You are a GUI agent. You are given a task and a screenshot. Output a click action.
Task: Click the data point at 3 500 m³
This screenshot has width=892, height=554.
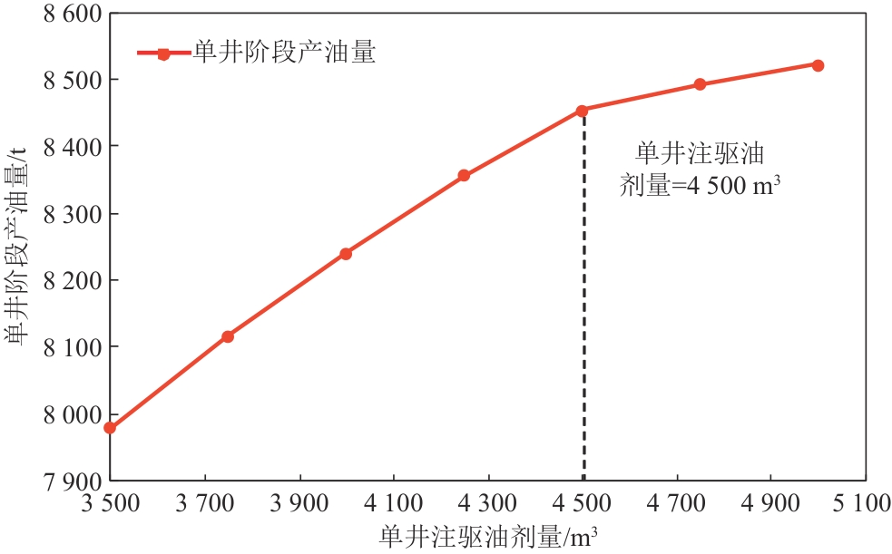[x=110, y=428]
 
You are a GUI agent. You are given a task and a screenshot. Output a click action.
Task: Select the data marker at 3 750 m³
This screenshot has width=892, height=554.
[x=228, y=336]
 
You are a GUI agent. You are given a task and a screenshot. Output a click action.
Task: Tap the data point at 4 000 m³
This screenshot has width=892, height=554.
[x=346, y=254]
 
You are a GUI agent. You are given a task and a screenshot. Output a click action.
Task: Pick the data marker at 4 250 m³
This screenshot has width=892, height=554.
[x=464, y=175]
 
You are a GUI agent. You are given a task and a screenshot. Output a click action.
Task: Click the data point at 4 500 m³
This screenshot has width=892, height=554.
[x=582, y=111]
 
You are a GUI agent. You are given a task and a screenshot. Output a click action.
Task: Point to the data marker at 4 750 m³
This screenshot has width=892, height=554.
[x=700, y=84]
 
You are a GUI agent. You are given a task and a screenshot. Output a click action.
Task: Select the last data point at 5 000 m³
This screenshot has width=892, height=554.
[x=818, y=65]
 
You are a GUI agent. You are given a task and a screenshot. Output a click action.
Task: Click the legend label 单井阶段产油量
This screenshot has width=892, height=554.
[x=284, y=53]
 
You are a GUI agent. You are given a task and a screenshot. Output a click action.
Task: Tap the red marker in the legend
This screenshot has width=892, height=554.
[x=163, y=53]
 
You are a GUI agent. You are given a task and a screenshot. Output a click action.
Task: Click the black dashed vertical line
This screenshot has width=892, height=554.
[x=583, y=299]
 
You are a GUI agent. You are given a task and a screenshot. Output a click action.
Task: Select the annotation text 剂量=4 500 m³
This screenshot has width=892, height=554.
[x=700, y=186]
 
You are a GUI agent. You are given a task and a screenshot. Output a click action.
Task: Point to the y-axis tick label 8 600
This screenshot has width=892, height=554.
[x=69, y=14]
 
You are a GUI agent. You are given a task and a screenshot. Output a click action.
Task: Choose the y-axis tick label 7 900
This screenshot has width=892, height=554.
[x=69, y=481]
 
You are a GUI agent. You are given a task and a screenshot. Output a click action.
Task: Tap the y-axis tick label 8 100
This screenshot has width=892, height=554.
[x=69, y=347]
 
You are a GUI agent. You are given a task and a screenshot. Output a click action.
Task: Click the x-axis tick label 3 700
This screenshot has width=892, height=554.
[x=205, y=501]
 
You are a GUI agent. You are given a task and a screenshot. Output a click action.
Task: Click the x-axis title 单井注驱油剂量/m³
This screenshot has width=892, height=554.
[x=489, y=535]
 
